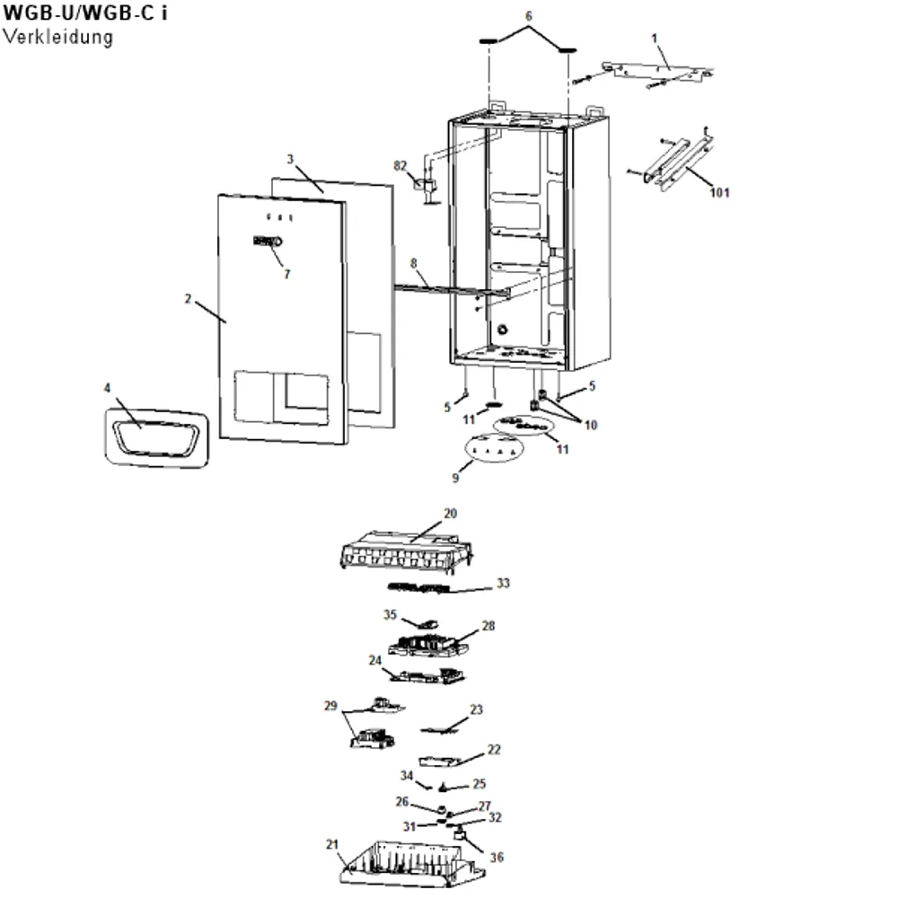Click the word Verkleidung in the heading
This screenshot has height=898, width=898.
(x=57, y=37)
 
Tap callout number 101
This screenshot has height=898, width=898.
(x=719, y=192)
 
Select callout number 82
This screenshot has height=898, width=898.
(x=400, y=165)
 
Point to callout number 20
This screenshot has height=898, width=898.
(x=450, y=513)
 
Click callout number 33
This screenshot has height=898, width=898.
(x=503, y=583)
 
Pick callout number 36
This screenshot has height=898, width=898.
(x=497, y=858)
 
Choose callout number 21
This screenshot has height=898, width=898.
(x=332, y=844)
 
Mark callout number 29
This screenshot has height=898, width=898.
(x=330, y=706)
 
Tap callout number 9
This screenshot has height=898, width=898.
(x=455, y=478)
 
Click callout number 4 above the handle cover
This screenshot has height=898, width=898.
(x=107, y=388)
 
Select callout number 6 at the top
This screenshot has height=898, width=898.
(x=528, y=16)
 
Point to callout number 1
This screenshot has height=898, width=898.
(x=655, y=39)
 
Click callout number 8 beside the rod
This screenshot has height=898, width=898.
(x=413, y=263)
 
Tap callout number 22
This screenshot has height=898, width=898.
(x=494, y=750)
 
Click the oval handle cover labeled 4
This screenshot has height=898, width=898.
(x=156, y=438)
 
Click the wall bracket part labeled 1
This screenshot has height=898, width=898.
(x=658, y=72)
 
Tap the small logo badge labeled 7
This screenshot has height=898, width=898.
(x=268, y=241)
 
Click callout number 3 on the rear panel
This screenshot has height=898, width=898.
(x=290, y=159)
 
